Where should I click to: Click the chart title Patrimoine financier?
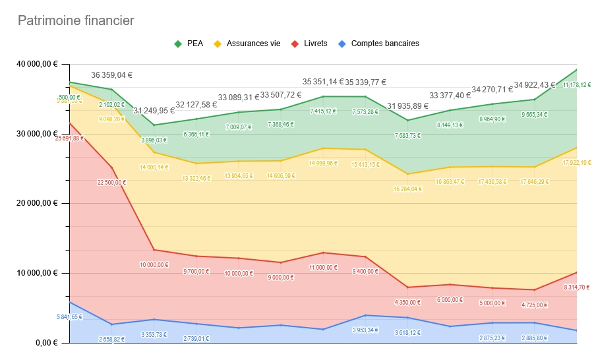(x=76, y=21)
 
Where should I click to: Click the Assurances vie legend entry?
(x=253, y=44)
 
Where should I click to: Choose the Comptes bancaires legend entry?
(x=385, y=44)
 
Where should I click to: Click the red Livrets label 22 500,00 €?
(x=111, y=183)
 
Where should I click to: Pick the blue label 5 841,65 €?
(x=69, y=317)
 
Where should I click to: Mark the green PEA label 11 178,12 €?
(x=577, y=86)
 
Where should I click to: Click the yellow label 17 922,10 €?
(x=577, y=162)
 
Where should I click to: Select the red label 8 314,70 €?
(x=577, y=287)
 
